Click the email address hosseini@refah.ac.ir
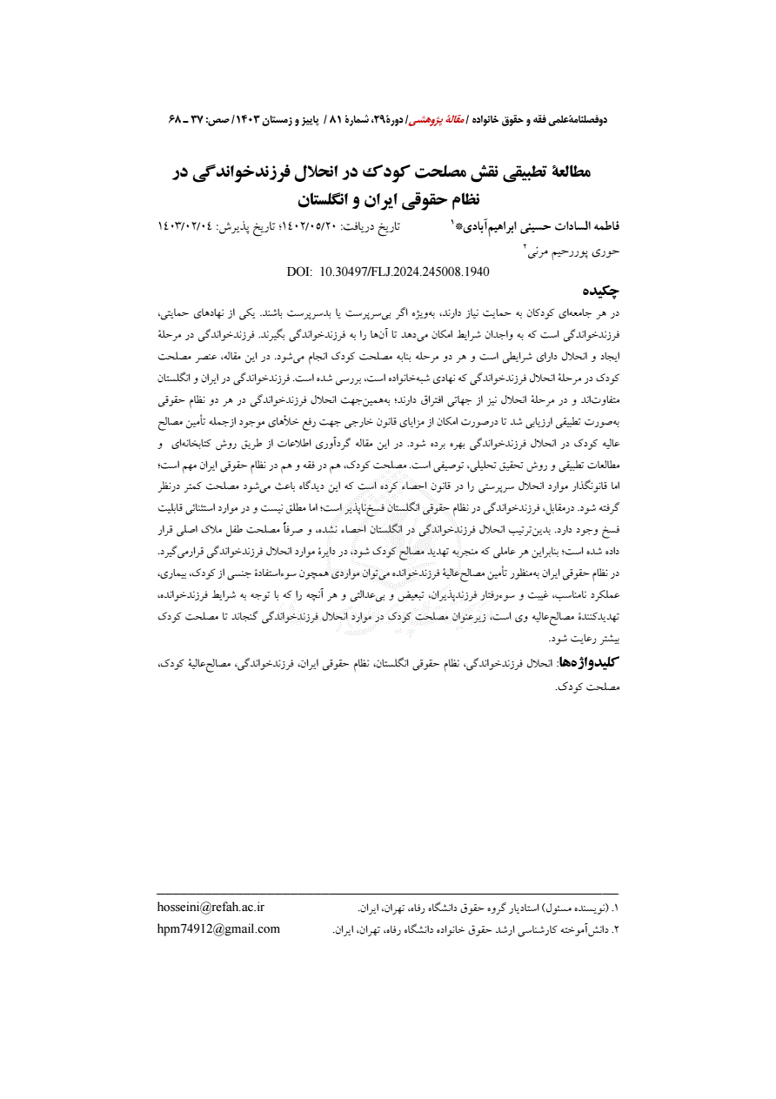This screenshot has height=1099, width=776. pyautogui.click(x=211, y=907)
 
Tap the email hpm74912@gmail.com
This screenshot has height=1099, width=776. pyautogui.click(x=218, y=928)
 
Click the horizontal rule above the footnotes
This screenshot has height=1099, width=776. pyautogui.click(x=387, y=894)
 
